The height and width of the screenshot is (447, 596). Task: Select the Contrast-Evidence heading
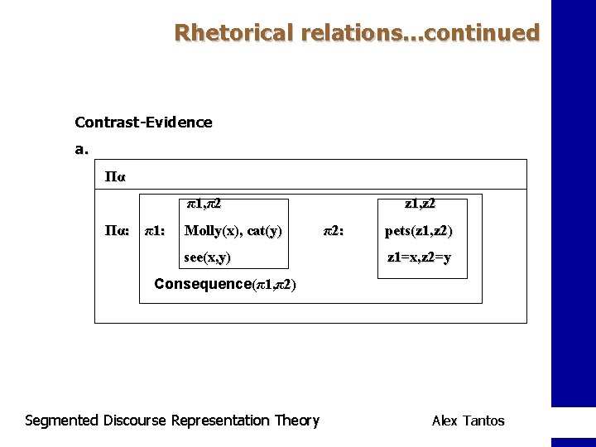click(x=143, y=123)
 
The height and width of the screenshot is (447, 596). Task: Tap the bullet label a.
click(x=81, y=150)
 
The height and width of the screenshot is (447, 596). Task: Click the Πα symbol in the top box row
click(x=114, y=176)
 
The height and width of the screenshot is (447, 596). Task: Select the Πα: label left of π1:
click(x=115, y=231)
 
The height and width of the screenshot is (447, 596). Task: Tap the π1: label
click(x=155, y=231)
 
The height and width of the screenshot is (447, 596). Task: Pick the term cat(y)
click(x=264, y=231)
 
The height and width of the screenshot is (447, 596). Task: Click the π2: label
click(x=333, y=231)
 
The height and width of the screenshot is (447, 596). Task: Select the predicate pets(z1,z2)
click(x=419, y=231)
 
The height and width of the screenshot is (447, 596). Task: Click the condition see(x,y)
click(x=207, y=257)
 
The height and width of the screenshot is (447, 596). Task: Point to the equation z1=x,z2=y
click(x=420, y=257)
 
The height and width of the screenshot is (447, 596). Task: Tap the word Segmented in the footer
click(x=62, y=421)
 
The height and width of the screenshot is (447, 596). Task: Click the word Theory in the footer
click(x=296, y=421)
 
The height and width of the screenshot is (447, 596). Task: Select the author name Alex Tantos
click(x=468, y=421)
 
